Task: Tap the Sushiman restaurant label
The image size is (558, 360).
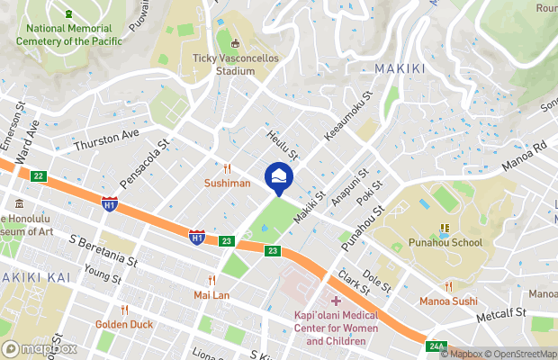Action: point(227,183)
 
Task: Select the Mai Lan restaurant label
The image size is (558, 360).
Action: point(212,294)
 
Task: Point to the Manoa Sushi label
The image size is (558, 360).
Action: point(447,300)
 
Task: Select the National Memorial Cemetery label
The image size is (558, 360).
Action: point(69,33)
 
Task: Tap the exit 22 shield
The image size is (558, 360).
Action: point(38,175)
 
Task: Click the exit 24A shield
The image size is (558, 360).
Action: point(436,346)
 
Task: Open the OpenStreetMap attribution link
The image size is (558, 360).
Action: point(520,354)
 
